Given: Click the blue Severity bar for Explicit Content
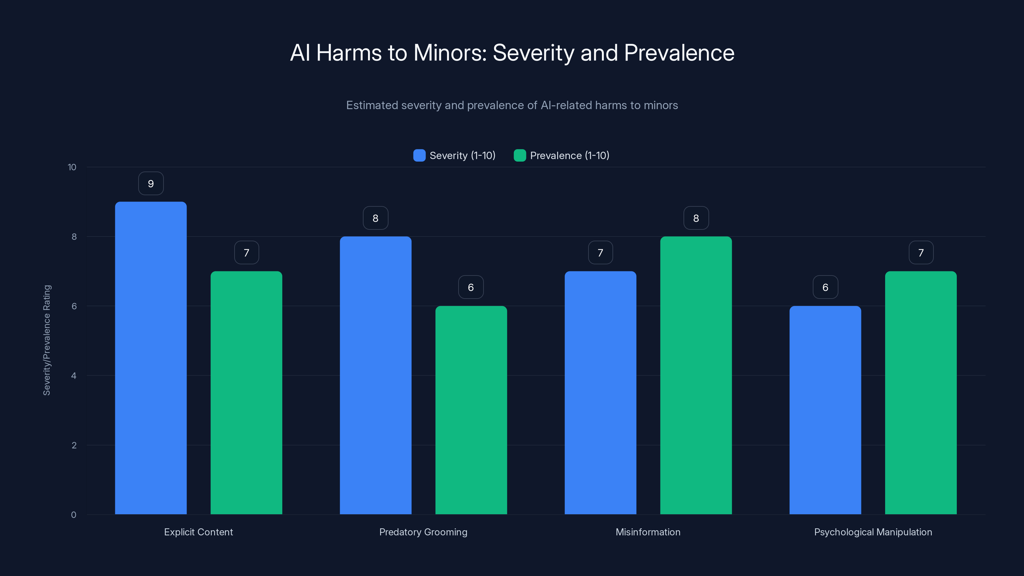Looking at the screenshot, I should [151, 358].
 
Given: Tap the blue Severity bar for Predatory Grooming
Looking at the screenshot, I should [375, 375].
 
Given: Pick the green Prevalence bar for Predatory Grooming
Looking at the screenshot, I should [471, 410].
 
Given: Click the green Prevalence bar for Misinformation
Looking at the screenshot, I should [696, 375].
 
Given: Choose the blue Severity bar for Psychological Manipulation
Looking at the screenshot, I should [825, 410].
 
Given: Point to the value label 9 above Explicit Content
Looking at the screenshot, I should [151, 184].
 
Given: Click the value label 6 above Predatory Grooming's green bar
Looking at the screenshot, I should [471, 287].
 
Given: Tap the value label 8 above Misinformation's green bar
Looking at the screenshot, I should [696, 218].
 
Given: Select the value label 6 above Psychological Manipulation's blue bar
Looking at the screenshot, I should [825, 287].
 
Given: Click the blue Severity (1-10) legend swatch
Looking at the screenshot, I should [419, 156].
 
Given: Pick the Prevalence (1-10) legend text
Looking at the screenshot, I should [569, 156].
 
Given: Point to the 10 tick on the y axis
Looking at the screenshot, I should [72, 167].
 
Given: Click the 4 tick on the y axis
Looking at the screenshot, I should [74, 376].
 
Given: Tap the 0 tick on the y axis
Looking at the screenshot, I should [74, 515].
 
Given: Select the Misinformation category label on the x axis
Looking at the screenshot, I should [648, 532].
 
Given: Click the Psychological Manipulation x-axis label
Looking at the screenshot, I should [873, 532].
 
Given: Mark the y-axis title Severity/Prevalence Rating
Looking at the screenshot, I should [47, 340].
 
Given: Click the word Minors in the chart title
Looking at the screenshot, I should [450, 53].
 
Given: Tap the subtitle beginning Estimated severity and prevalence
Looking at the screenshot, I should [512, 105].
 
